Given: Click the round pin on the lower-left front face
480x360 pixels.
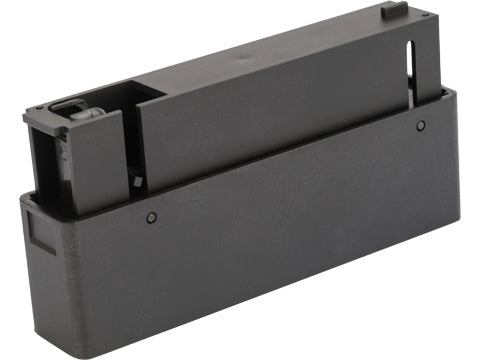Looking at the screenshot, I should pyautogui.click(x=151, y=217).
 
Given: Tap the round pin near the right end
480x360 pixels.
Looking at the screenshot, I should pyautogui.click(x=421, y=125).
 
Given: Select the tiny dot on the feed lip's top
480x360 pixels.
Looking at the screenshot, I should pyautogui.click(x=64, y=129).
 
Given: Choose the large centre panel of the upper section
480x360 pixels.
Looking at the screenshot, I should pyautogui.click(x=270, y=110).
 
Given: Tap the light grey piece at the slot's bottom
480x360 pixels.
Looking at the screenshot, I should pyautogui.click(x=413, y=97).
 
